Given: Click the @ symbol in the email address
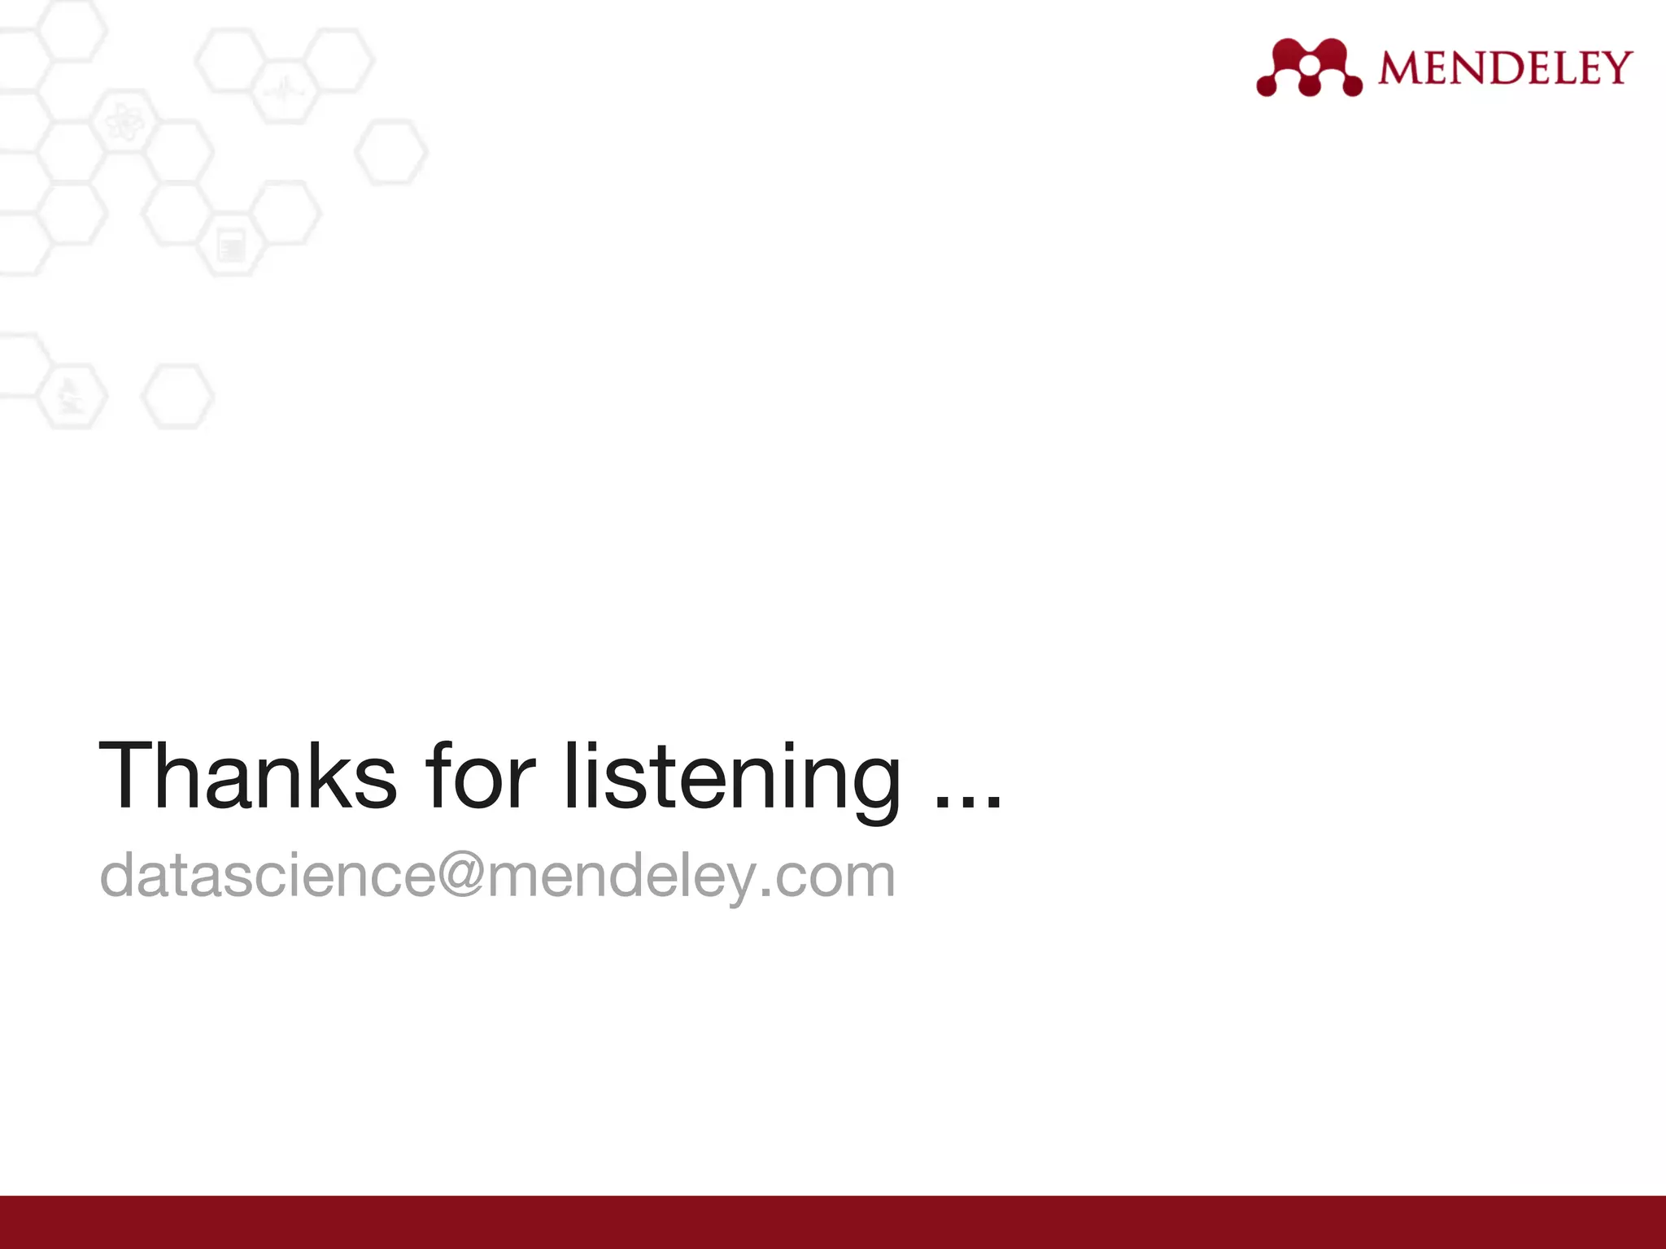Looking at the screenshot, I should pyautogui.click(x=461, y=874).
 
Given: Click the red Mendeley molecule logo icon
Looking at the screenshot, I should pyautogui.click(x=1309, y=67).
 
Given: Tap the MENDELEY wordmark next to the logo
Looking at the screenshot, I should pyautogui.click(x=1505, y=67).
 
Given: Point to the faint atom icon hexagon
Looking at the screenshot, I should pyautogui.click(x=124, y=124).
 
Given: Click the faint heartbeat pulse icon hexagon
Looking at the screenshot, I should pyautogui.click(x=283, y=90).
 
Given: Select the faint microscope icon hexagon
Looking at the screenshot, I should pyautogui.click(x=71, y=396).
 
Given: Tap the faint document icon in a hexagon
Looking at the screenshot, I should pyautogui.click(x=232, y=246).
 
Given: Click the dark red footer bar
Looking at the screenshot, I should pyautogui.click(x=833, y=1222).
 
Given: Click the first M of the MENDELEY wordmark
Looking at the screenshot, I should pyautogui.click(x=1401, y=67).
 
